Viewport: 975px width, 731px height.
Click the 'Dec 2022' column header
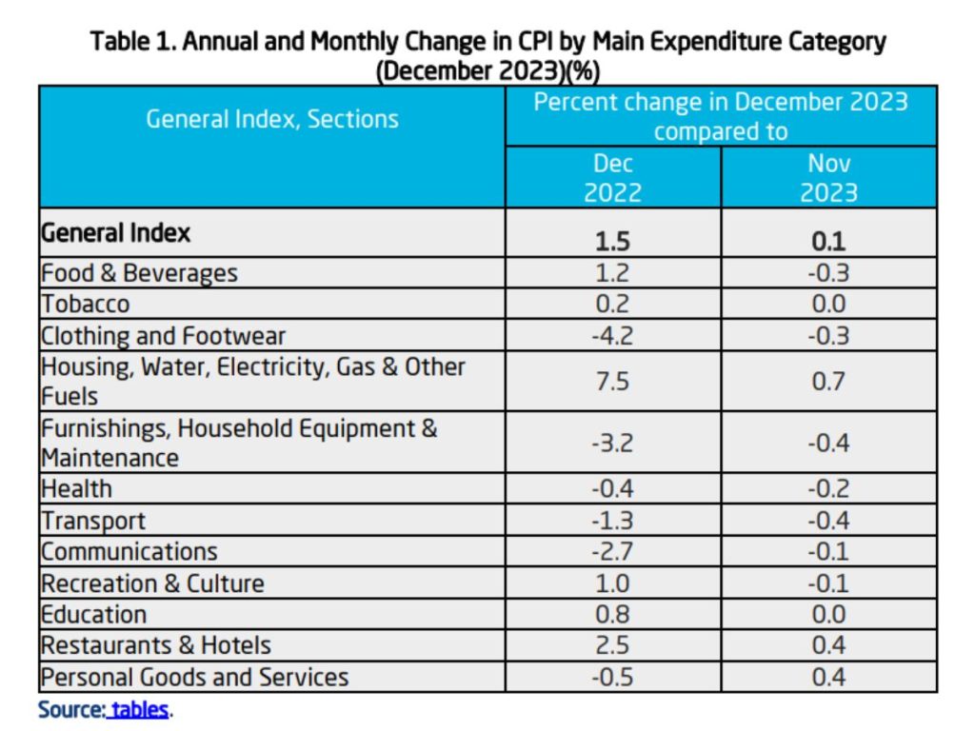[612, 177]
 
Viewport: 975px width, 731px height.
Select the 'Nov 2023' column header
[828, 177]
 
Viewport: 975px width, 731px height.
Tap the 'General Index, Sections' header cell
[272, 120]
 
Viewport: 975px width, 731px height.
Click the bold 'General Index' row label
[115, 232]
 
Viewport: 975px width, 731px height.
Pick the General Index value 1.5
[612, 241]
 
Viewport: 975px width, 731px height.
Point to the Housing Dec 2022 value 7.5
[612, 381]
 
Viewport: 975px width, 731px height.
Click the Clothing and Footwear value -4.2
[612, 336]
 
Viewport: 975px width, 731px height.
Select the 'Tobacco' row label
[85, 305]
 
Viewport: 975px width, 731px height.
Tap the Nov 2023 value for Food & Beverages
[828, 273]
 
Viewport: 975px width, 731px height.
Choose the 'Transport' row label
[93, 521]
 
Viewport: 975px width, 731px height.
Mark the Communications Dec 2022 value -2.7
[612, 552]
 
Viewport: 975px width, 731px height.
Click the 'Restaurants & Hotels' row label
[156, 645]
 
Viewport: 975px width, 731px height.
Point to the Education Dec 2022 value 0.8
[612, 614]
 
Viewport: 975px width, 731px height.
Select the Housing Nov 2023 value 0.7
[828, 381]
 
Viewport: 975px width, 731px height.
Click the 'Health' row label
[76, 489]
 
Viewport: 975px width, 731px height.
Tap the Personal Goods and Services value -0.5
[612, 677]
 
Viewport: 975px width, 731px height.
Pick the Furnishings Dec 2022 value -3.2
[612, 444]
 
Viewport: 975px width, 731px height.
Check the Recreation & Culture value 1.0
[612, 583]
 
